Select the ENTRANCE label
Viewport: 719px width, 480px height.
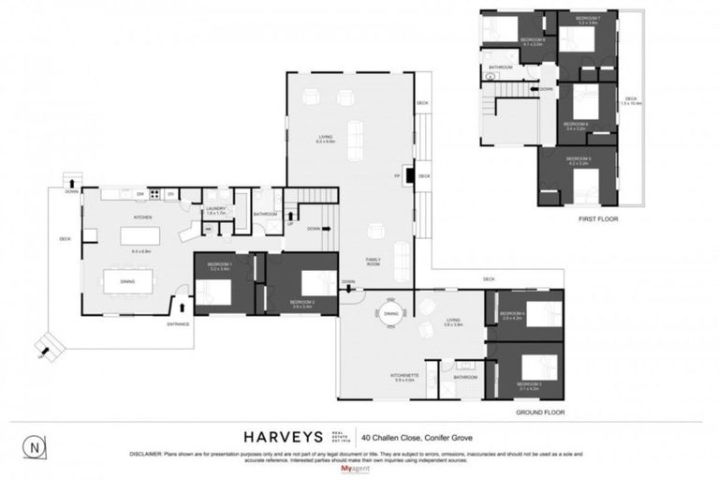(179, 324)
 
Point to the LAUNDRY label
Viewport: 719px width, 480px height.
(216, 209)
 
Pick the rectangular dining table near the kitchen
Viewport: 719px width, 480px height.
(127, 280)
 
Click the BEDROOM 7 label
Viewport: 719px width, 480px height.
(588, 19)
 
